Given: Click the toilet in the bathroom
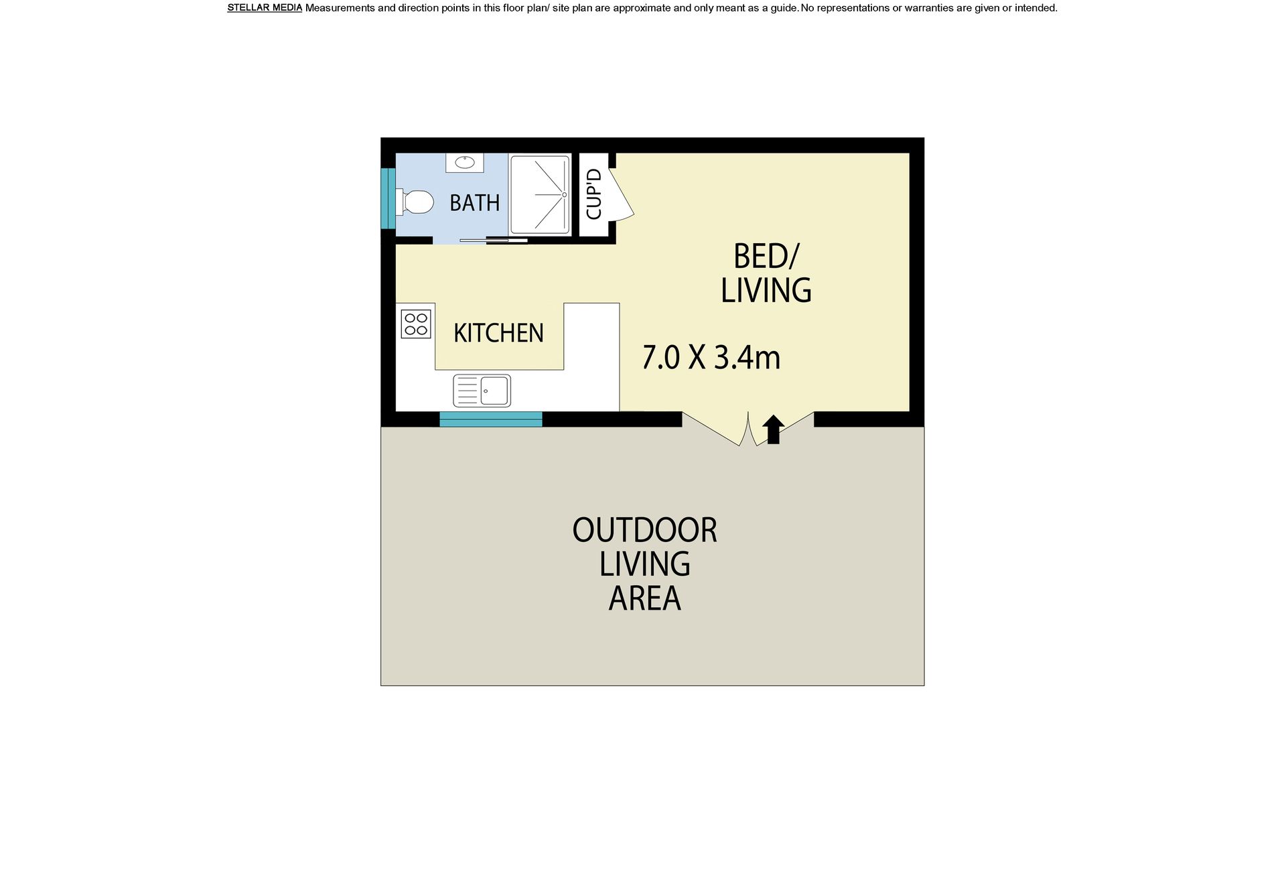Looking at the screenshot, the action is coord(414,202).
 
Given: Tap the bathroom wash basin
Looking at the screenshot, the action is coord(465,162).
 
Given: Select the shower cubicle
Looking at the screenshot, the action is coord(540,195).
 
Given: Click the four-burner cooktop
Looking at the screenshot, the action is coord(416,324).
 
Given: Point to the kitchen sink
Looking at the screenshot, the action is coord(482,391).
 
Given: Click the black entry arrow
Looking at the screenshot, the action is coord(773,429).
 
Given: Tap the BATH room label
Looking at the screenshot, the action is coord(474,202).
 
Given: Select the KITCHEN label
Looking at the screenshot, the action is coord(498,333).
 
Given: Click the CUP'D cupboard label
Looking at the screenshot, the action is coord(594,194).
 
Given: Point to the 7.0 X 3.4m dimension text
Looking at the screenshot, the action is coord(711,357).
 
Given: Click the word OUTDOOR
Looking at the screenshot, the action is coord(644,530).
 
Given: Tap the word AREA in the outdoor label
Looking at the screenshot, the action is coord(644,598).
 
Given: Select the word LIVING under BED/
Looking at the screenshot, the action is coord(766,290).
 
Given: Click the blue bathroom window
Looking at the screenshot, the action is coord(388,198).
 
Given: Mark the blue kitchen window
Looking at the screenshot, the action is coord(491,419).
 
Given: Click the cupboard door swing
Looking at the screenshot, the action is coord(623,193).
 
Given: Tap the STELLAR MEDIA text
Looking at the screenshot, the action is coord(265,8).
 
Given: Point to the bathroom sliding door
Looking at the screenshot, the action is coord(494,239).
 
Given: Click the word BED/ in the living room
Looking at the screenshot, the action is coord(766,256).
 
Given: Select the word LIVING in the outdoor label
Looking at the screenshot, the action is coord(644,564).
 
